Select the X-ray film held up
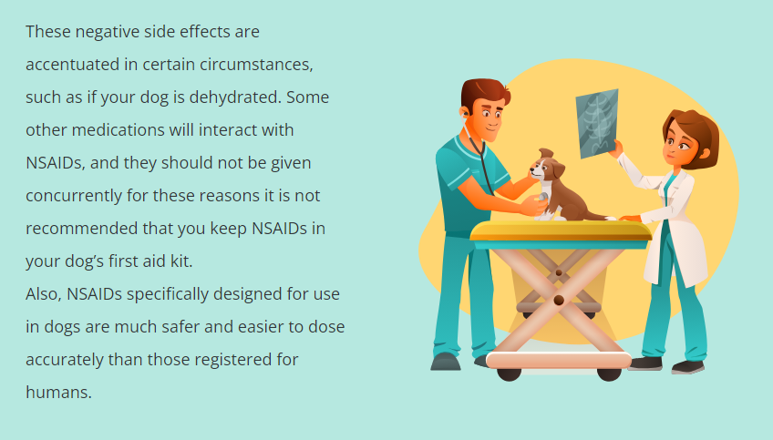597,124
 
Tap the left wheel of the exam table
509,374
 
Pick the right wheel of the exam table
609,374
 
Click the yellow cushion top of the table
561,230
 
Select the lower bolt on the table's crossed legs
559,300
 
